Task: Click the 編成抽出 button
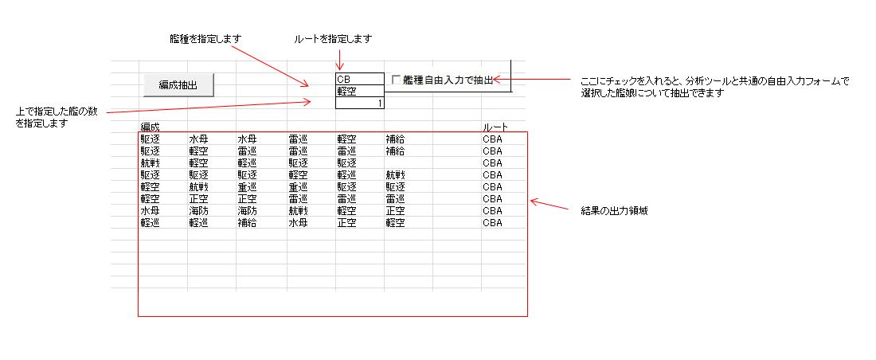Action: tap(178, 85)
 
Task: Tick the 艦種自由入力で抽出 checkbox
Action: tap(396, 80)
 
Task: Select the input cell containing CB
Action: tap(360, 79)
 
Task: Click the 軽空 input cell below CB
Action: tap(360, 91)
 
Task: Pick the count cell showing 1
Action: tap(360, 103)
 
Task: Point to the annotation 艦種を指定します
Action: tap(205, 38)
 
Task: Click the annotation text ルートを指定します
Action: tap(333, 38)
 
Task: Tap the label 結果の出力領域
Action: tap(615, 211)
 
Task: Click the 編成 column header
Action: tap(150, 127)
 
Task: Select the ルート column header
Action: tap(495, 127)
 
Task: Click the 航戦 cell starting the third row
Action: tap(150, 162)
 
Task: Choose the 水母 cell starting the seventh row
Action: tap(150, 211)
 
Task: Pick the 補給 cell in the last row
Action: tap(246, 222)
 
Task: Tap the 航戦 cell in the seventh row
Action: tap(298, 211)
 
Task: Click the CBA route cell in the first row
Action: tap(493, 139)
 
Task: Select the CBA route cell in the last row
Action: tap(493, 222)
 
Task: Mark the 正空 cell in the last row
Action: tap(346, 222)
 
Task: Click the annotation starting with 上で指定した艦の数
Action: tap(57, 117)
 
